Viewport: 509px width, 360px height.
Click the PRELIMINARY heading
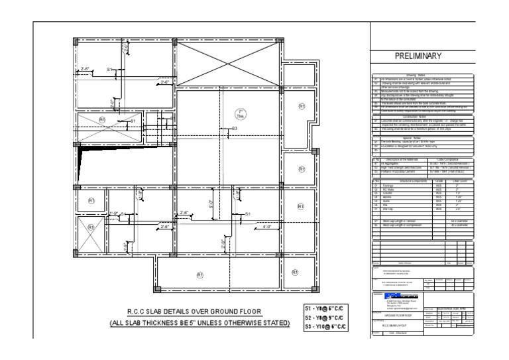click(x=427, y=56)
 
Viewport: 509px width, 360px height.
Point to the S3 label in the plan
click(x=234, y=128)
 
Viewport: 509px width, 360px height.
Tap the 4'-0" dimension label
click(x=268, y=227)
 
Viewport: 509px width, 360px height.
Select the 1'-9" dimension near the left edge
click(x=113, y=213)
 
